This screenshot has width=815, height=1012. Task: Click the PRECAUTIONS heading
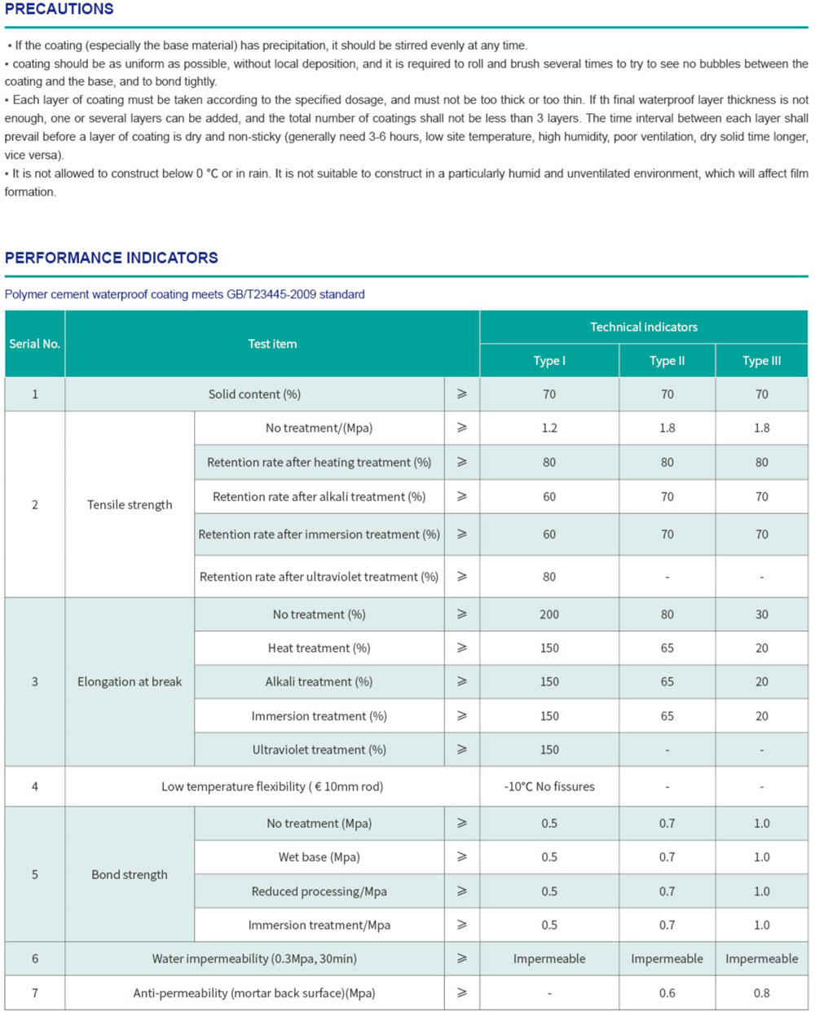[59, 9]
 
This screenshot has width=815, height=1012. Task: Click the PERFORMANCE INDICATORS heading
[112, 257]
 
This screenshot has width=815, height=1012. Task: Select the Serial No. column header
[35, 344]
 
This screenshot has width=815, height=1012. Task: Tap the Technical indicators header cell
[644, 327]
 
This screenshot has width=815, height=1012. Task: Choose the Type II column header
[667, 361]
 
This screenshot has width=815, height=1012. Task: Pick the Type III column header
[761, 361]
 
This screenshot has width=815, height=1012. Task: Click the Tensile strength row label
[130, 504]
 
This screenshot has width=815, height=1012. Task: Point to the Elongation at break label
[130, 681]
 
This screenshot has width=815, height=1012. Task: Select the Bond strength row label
[130, 874]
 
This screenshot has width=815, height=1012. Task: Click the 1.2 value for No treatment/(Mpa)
[549, 428]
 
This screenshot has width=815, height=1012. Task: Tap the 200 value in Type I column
[549, 614]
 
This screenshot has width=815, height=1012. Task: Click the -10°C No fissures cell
[549, 786]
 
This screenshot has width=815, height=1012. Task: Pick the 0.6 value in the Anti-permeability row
[667, 992]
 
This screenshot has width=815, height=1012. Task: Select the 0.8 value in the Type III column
[761, 992]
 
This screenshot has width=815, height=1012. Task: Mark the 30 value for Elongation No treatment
[761, 614]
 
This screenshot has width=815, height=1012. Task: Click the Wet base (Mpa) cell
[319, 857]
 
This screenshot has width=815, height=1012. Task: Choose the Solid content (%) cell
[254, 394]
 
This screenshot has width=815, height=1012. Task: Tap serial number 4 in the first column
[35, 786]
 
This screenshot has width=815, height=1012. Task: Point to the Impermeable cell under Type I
[549, 959]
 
